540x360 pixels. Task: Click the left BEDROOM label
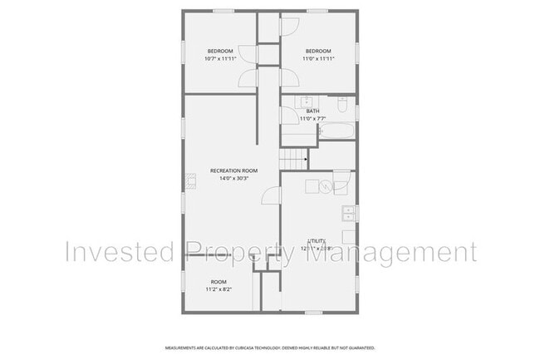tap(219, 52)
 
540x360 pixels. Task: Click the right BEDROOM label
tap(318, 52)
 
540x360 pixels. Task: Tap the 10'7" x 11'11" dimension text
tap(219, 59)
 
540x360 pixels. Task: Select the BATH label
tap(312, 111)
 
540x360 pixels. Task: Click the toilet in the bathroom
tap(341, 105)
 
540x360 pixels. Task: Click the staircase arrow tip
tap(307, 158)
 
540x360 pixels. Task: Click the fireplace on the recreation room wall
tap(189, 180)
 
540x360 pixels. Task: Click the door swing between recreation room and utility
tap(271, 195)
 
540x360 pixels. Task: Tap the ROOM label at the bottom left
tap(218, 282)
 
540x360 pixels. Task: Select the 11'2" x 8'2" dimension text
tap(218, 289)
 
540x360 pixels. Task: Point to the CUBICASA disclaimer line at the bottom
tap(270, 348)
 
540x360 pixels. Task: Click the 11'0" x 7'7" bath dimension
tap(312, 119)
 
